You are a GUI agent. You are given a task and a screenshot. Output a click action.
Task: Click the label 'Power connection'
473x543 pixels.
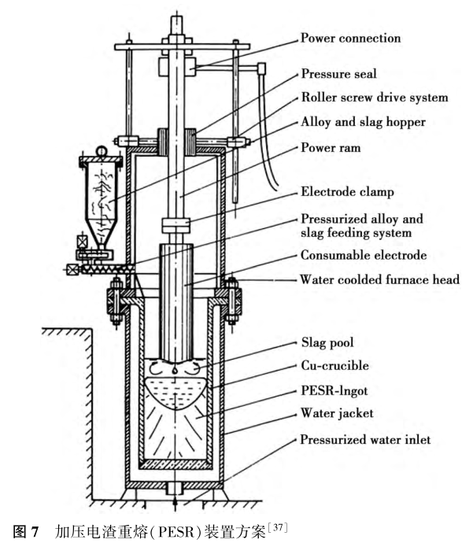(350, 38)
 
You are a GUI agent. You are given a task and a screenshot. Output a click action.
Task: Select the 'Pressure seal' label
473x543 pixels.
(339, 75)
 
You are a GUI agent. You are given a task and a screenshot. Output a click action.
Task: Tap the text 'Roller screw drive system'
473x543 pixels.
(374, 99)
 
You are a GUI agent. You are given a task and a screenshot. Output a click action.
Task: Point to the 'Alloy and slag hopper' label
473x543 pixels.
(363, 123)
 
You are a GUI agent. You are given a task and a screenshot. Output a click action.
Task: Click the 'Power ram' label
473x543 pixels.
(330, 147)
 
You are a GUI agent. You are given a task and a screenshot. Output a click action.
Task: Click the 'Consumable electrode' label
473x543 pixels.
(363, 255)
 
